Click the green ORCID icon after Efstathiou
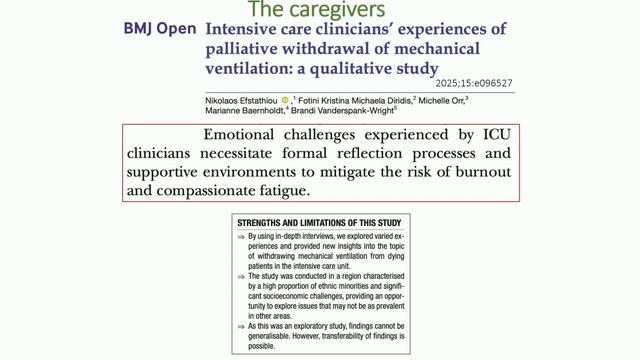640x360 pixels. tap(285, 100)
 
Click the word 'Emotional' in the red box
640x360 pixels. tap(246, 134)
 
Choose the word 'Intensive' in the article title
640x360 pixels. tap(243, 29)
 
